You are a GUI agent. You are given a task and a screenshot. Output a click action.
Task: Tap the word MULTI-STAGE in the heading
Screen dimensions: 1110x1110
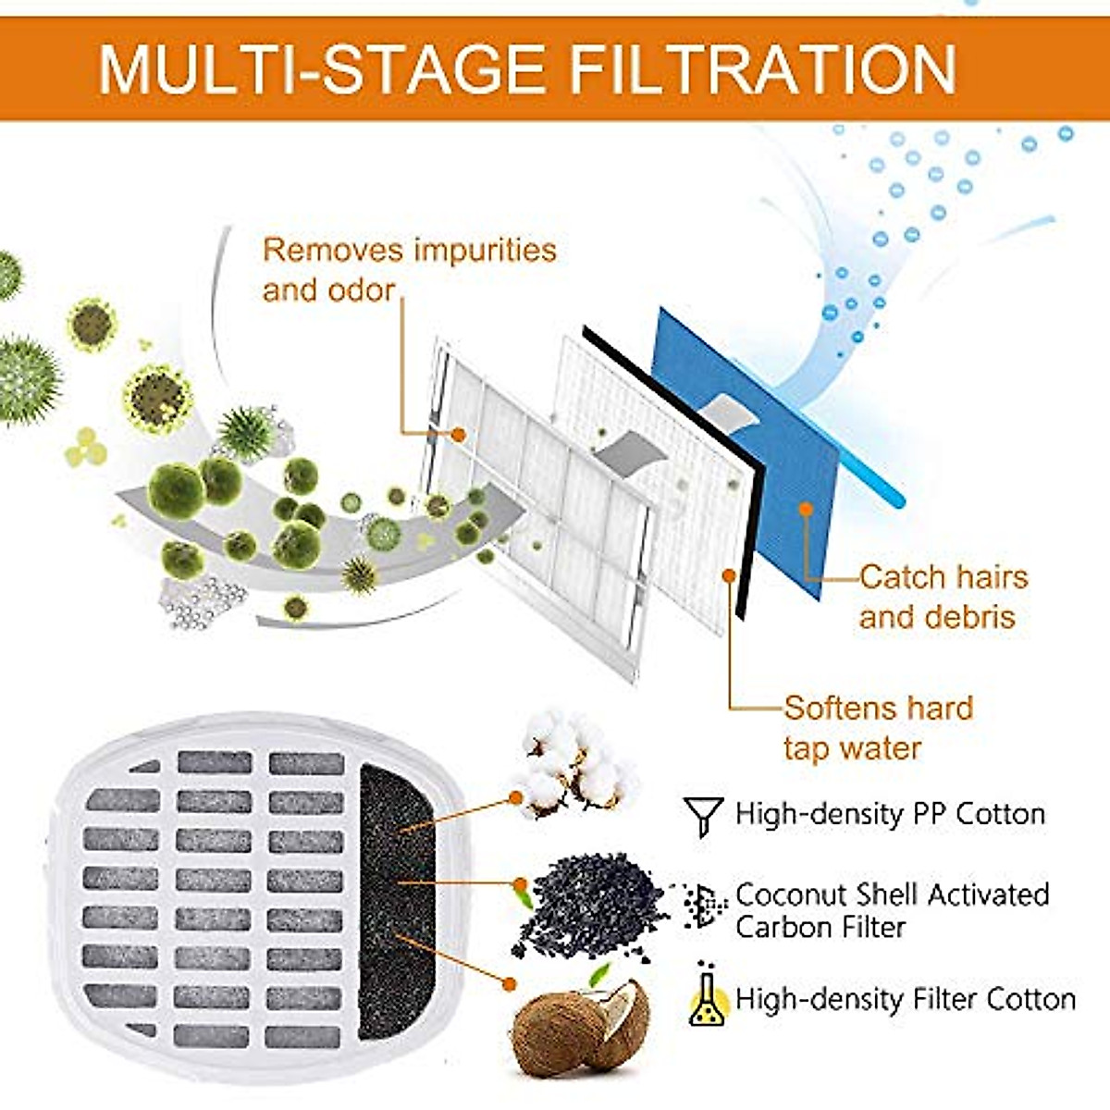[321, 69]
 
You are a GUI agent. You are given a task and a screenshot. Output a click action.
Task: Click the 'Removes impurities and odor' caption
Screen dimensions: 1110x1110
[409, 269]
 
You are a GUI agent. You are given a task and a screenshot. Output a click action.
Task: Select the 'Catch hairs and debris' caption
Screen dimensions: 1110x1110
[942, 597]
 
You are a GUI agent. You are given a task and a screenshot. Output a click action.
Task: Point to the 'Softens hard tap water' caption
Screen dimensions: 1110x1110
[878, 728]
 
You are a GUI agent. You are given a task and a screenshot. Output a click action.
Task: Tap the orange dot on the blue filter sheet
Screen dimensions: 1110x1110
[806, 509]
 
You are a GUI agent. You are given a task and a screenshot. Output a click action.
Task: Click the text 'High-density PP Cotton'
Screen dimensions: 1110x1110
[890, 814]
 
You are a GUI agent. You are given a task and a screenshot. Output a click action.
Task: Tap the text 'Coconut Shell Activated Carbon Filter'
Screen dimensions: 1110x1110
[892, 910]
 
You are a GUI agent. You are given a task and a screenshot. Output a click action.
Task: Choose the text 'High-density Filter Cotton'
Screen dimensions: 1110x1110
[905, 999]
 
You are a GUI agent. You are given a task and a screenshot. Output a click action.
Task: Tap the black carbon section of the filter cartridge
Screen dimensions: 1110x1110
[396, 897]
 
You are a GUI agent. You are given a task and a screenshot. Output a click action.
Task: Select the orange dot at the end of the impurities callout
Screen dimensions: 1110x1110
[458, 433]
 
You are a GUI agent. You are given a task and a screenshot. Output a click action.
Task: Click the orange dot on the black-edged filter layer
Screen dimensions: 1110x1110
[729, 575]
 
